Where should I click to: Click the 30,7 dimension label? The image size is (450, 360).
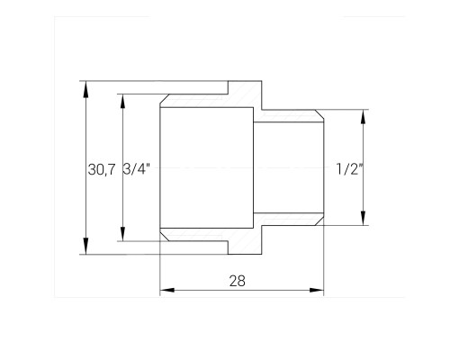[x=102, y=170]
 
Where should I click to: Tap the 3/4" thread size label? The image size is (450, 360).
[x=137, y=169]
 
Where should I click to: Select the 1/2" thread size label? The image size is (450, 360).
[x=350, y=169]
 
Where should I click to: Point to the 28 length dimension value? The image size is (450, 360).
[x=238, y=281]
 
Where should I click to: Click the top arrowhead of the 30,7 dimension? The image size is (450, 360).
[x=86, y=88]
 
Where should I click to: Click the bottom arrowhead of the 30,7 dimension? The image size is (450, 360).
[x=86, y=247]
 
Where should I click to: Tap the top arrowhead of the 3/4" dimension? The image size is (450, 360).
[x=122, y=102]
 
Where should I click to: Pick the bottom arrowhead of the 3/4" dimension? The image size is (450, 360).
[x=122, y=233]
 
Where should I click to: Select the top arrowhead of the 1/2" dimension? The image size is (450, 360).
[x=364, y=117]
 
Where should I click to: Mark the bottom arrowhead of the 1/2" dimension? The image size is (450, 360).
[x=364, y=218]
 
